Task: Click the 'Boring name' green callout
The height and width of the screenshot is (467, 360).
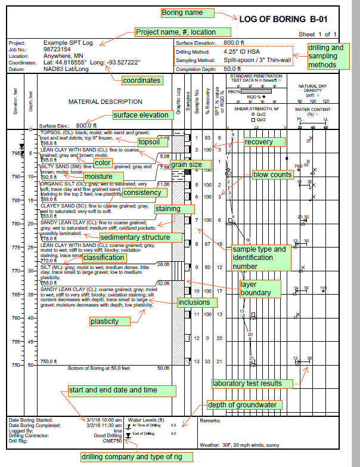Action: click(x=185, y=13)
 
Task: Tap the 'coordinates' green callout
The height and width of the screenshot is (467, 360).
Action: click(x=142, y=80)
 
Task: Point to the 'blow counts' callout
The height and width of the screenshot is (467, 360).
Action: click(x=272, y=175)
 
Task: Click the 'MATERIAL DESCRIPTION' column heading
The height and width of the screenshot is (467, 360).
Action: click(x=105, y=101)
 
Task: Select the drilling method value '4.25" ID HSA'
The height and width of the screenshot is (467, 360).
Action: click(x=234, y=52)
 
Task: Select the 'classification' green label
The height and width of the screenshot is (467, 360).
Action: click(x=104, y=257)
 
